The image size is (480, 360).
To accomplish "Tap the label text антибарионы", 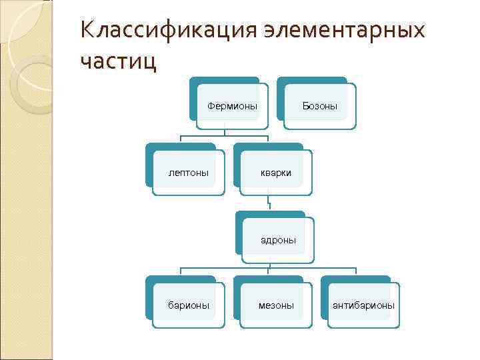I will point(363,305).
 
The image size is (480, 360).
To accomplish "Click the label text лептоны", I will point(189,173).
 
